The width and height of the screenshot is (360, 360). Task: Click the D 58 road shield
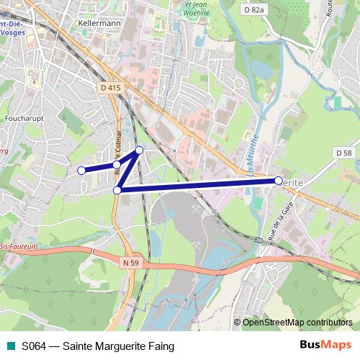tap(343, 153)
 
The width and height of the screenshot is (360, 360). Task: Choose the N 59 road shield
tap(130, 263)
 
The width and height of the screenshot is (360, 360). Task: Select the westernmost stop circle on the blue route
tap(81, 171)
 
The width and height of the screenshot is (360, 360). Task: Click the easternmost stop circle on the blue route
tap(279, 181)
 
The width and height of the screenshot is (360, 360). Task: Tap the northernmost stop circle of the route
tap(140, 150)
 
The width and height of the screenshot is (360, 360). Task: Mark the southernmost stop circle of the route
tap(117, 190)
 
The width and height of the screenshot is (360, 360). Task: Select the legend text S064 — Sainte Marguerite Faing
tap(98, 346)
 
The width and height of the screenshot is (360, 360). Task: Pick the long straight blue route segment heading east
tap(198, 186)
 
